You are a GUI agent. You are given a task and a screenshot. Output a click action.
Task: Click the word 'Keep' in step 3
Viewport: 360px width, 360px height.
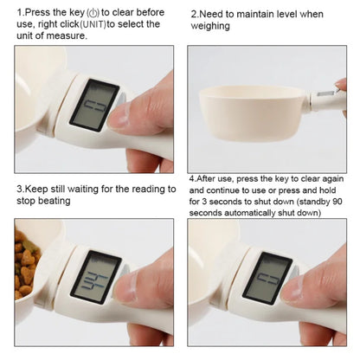point(38,188)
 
